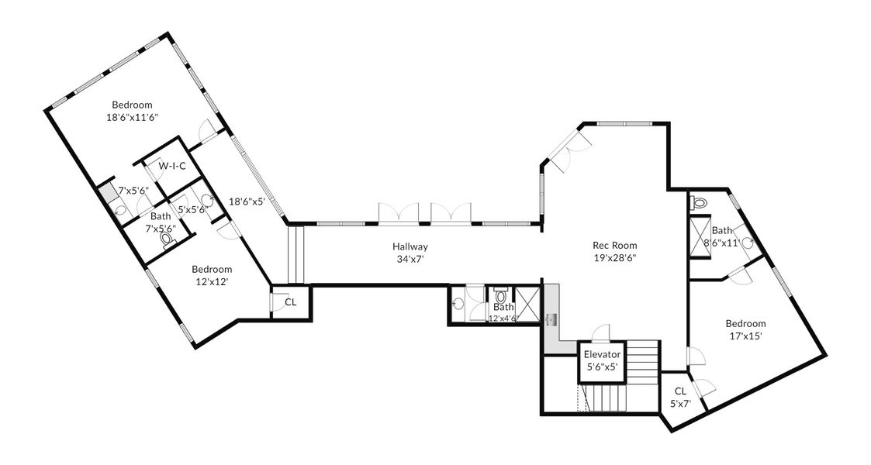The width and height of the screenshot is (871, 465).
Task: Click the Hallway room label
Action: pyautogui.click(x=410, y=247)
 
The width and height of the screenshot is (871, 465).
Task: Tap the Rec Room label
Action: pyautogui.click(x=614, y=245)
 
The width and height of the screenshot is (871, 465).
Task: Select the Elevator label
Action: pyautogui.click(x=602, y=355)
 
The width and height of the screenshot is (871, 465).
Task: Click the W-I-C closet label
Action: pyautogui.click(x=171, y=166)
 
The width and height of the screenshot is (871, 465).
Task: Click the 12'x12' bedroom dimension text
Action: pyautogui.click(x=212, y=281)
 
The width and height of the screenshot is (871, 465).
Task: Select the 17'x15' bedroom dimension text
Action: pyautogui.click(x=745, y=336)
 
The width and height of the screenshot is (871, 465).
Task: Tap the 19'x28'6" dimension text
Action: pyautogui.click(x=614, y=257)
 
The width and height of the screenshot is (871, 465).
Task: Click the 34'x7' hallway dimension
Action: pyautogui.click(x=410, y=259)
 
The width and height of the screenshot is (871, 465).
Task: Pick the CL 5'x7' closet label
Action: pyautogui.click(x=680, y=398)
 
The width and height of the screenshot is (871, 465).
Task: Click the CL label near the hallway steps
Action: pyautogui.click(x=291, y=302)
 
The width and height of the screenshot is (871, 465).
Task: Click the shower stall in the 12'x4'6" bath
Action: pyautogui.click(x=527, y=304)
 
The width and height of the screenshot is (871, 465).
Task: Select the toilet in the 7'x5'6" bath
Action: pyautogui.click(x=166, y=239)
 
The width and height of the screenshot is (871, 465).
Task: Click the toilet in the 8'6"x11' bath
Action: pyautogui.click(x=699, y=203)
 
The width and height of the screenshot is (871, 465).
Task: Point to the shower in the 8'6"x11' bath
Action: pyautogui.click(x=700, y=237)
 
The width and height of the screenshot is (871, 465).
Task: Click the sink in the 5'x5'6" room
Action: pyautogui.click(x=206, y=200)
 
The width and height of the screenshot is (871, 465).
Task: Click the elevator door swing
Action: pyautogui.click(x=601, y=332)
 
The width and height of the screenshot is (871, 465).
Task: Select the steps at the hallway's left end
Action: pyautogui.click(x=296, y=255)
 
